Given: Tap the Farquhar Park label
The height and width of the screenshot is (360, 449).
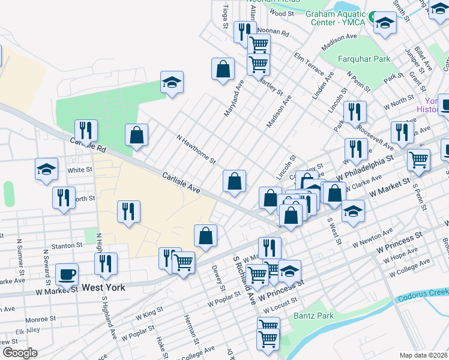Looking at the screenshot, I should point(364,59).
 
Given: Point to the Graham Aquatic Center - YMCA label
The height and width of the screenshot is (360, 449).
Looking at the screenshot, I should point(335,19).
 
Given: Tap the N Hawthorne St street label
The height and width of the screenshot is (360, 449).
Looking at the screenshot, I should point(196,149).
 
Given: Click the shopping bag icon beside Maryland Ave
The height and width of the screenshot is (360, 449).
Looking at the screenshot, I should point(223,68).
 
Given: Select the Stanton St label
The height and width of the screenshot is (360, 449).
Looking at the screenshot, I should point(66,245).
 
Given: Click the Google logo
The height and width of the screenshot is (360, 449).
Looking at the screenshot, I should point(20,352).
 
